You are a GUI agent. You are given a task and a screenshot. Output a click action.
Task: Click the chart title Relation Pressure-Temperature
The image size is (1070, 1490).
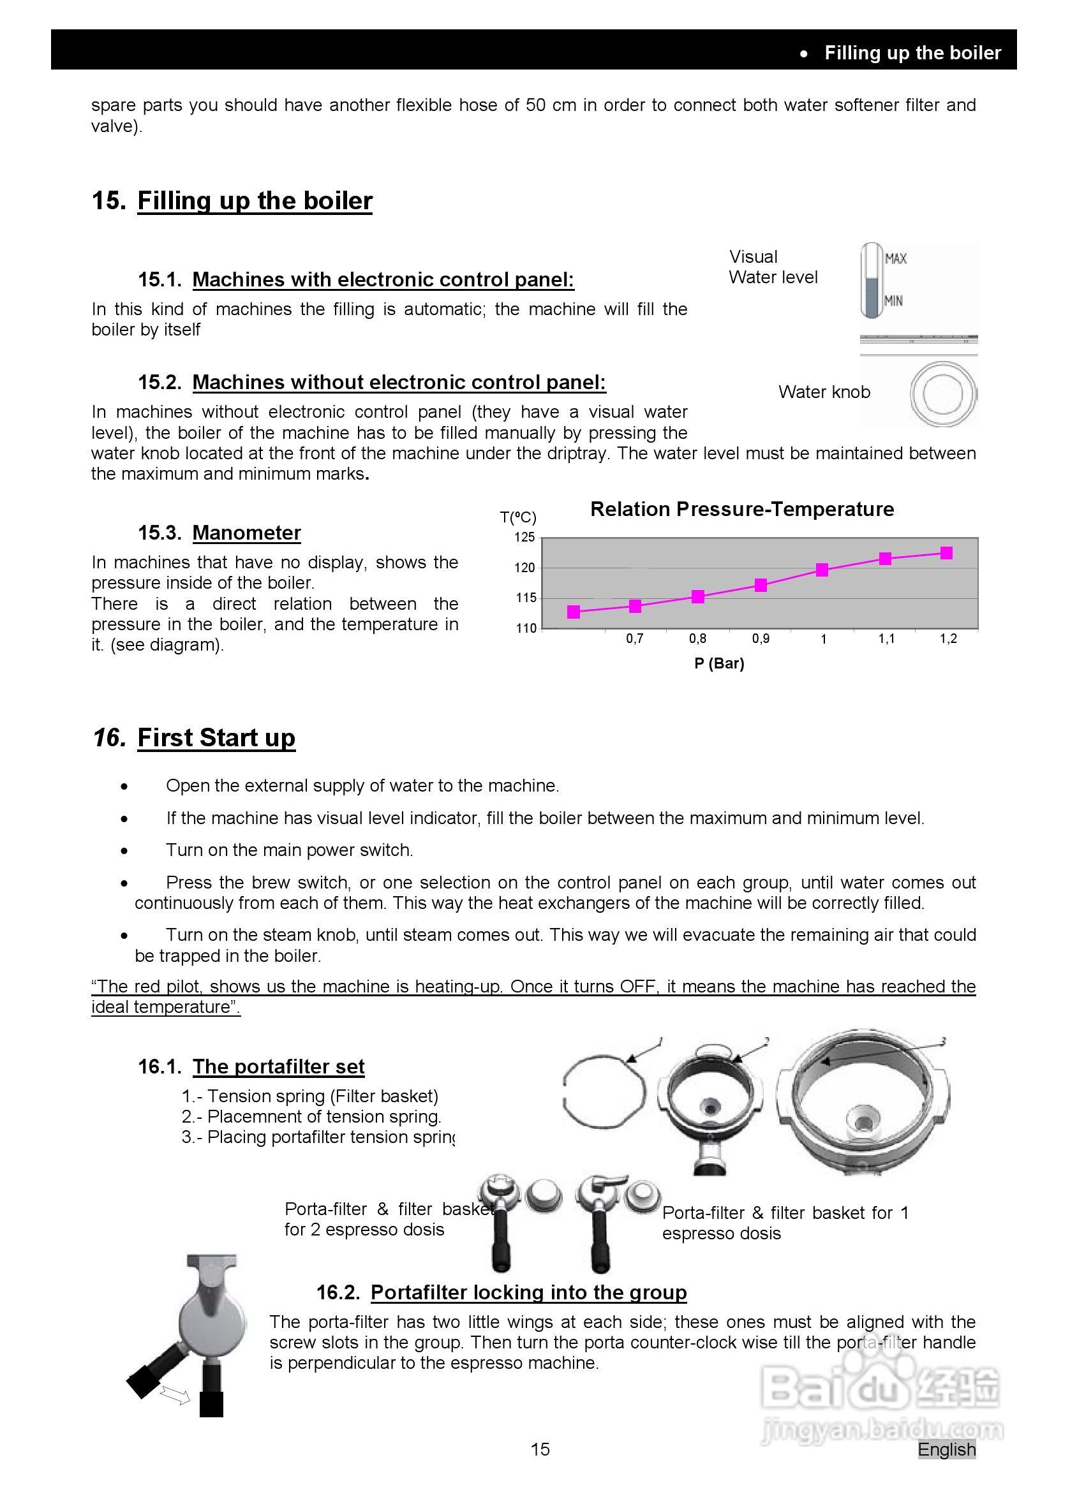(x=741, y=509)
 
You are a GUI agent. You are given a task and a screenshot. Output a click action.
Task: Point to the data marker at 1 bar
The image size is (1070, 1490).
(x=822, y=570)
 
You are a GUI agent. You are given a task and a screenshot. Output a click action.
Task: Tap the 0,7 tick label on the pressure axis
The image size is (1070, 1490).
(x=634, y=638)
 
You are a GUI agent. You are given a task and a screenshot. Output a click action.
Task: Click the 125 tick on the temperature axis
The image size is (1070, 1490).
(x=525, y=538)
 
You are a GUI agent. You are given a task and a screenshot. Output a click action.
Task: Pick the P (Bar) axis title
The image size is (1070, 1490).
(x=719, y=663)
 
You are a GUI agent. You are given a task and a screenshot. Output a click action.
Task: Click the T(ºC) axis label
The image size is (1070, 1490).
(x=518, y=518)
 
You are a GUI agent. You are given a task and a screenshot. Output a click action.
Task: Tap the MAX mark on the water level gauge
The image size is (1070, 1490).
(x=895, y=259)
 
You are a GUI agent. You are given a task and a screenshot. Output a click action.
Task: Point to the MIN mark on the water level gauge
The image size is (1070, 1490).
(x=893, y=301)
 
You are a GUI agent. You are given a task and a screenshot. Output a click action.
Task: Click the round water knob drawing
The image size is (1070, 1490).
(x=942, y=394)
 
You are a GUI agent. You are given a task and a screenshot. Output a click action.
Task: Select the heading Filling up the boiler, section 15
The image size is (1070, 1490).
(x=255, y=200)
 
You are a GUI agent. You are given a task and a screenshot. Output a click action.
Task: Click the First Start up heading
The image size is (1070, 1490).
(x=216, y=738)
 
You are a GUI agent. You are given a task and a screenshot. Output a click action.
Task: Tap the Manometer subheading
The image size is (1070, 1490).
(x=246, y=533)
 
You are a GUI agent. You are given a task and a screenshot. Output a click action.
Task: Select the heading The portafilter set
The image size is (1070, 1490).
(x=278, y=1067)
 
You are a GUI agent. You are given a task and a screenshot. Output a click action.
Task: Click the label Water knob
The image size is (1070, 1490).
(x=824, y=392)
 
